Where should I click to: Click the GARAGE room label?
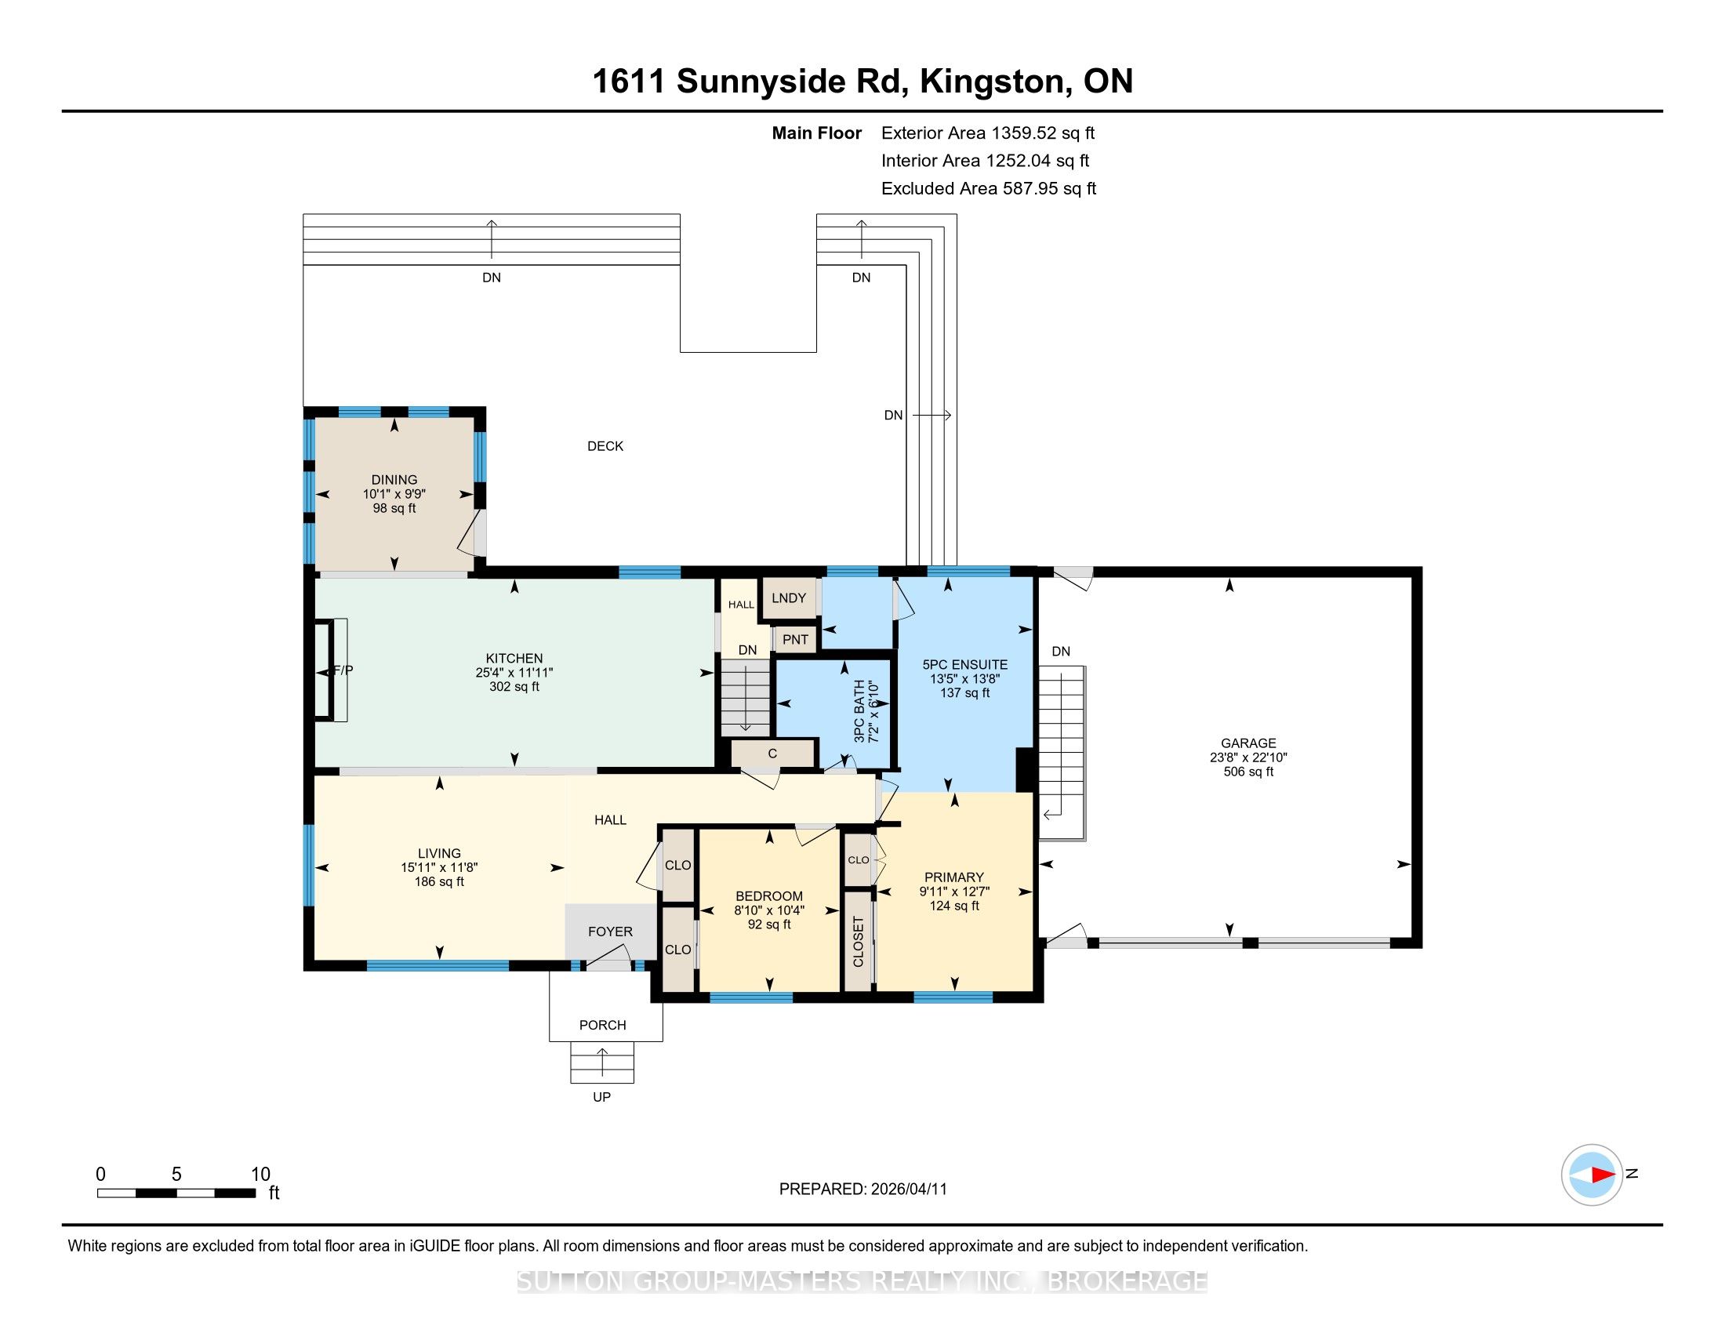pyautogui.click(x=1248, y=743)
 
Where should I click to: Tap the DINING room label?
pyautogui.click(x=394, y=479)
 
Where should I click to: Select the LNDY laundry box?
pyautogui.click(x=788, y=598)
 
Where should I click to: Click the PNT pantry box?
pyautogui.click(x=795, y=639)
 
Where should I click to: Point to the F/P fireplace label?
pyautogui.click(x=341, y=670)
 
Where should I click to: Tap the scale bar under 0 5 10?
pyautogui.click(x=177, y=1193)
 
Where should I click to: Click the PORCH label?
pyautogui.click(x=603, y=1025)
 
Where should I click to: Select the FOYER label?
pyautogui.click(x=610, y=932)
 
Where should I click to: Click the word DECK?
pyautogui.click(x=605, y=446)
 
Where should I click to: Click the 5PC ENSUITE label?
pyautogui.click(x=964, y=665)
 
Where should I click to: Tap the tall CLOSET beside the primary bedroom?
pyautogui.click(x=859, y=940)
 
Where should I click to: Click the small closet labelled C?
pyautogui.click(x=772, y=754)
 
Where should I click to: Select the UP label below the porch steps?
pyautogui.click(x=602, y=1097)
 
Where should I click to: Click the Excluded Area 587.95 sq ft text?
pyautogui.click(x=989, y=189)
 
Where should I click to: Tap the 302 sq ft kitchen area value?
pyautogui.click(x=514, y=687)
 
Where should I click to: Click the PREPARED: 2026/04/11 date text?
pyautogui.click(x=862, y=1190)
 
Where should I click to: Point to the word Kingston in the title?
pyautogui.click(x=993, y=82)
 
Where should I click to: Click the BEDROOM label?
pyautogui.click(x=768, y=896)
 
